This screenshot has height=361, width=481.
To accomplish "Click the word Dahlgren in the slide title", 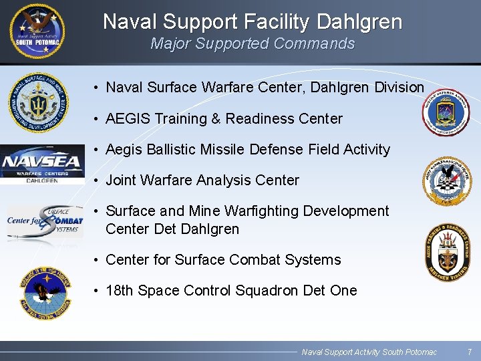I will pyautogui.click(x=359, y=22).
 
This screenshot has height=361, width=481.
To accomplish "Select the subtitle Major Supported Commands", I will pyautogui.click(x=253, y=44).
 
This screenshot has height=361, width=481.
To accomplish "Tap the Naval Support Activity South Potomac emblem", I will pyautogui.click(x=37, y=31).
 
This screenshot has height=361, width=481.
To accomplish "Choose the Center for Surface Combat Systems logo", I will pyautogui.click(x=45, y=222).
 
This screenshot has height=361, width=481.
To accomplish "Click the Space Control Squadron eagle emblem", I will pyautogui.click(x=45, y=291).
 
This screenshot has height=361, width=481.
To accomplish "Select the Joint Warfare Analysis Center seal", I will pyautogui.click(x=450, y=180).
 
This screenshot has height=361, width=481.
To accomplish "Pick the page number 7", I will pyautogui.click(x=470, y=352).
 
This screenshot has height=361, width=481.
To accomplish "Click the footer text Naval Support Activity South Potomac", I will pyautogui.click(x=369, y=352).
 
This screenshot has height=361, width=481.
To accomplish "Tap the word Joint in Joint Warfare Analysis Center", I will pyautogui.click(x=121, y=180).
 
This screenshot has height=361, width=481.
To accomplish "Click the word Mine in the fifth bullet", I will pyautogui.click(x=205, y=211).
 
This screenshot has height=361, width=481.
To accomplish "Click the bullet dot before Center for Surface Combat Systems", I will pyautogui.click(x=97, y=260).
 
